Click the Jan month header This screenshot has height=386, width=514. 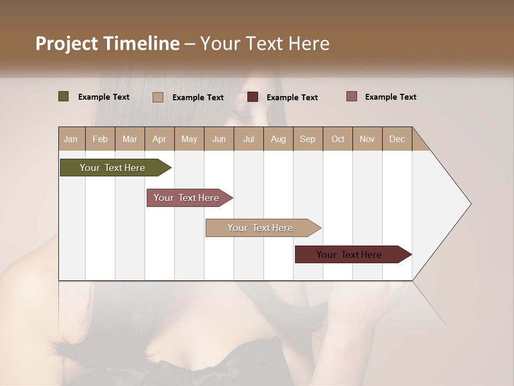71,139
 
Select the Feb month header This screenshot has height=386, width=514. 100,139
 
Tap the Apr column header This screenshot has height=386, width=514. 159,139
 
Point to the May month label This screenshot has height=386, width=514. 189,139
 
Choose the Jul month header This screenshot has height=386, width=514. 248,139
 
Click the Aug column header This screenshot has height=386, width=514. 278,139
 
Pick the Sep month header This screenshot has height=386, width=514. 308,139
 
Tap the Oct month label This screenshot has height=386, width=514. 338,139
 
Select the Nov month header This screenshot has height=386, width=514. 367,139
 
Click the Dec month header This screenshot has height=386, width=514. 397,139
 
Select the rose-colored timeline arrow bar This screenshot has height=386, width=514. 188,198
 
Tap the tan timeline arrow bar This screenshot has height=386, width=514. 261,228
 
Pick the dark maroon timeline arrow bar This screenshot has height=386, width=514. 351,255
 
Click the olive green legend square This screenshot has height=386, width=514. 64,96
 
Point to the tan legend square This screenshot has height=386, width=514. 158,97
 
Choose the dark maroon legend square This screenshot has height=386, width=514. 253,97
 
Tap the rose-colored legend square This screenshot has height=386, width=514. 351,96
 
